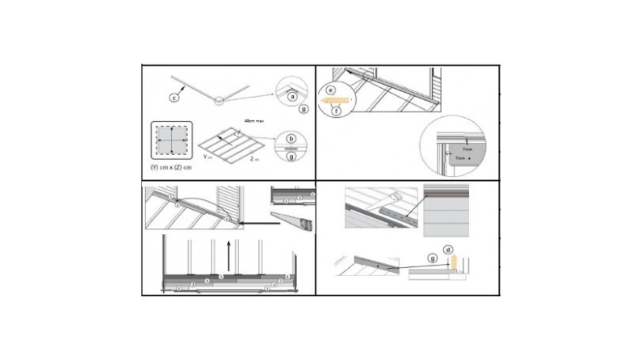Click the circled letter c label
[x=174, y=98]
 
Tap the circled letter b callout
[x=291, y=138]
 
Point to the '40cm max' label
[x=255, y=122]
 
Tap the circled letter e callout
[x=329, y=91]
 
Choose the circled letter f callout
[x=338, y=111]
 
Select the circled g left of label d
[x=434, y=259]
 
